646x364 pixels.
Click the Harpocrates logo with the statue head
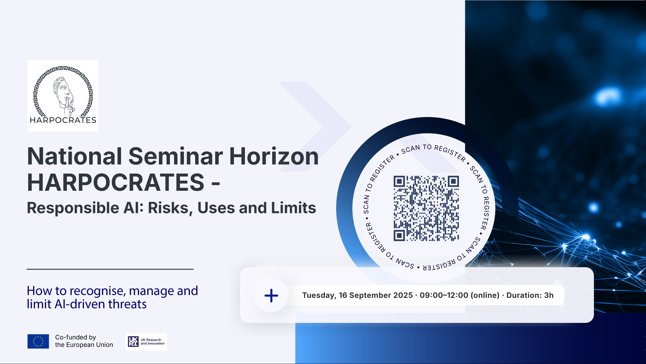click(x=63, y=96)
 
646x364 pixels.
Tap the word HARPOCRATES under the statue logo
click(x=63, y=120)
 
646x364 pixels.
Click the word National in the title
click(x=75, y=156)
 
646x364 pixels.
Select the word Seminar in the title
click(x=176, y=156)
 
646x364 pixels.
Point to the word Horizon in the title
click(x=274, y=156)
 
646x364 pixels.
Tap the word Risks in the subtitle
click(x=170, y=208)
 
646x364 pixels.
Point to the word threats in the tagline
click(x=127, y=304)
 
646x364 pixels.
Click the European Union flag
click(x=38, y=341)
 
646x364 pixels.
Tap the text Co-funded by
click(x=76, y=337)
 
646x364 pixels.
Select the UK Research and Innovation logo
click(x=146, y=342)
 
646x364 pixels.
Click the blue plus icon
click(x=271, y=296)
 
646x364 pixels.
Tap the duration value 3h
click(x=549, y=295)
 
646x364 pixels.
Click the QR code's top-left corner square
click(x=399, y=181)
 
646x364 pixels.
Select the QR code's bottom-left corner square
click(x=399, y=235)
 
